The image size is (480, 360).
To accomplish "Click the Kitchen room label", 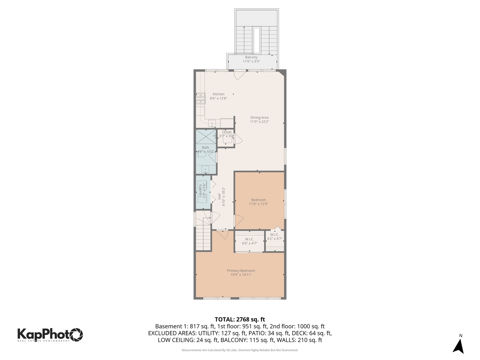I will coord(219,94).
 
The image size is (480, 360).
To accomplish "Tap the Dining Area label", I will coord(259,118).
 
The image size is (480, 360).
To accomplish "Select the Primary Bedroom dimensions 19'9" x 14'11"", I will coord(241,275).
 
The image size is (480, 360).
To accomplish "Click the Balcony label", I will coord(251,57).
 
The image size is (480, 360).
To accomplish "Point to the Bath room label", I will coord(205,148).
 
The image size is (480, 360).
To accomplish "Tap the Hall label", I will coord(219,197).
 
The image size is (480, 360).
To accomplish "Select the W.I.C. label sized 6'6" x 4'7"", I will coord(249,239).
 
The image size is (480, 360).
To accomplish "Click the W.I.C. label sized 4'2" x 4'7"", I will coord(275,235).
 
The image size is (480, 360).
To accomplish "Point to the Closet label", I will coord(227,132).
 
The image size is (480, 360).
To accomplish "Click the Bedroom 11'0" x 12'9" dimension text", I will coord(258,204).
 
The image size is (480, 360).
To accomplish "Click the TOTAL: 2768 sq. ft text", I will coord(240,320).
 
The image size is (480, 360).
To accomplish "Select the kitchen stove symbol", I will coord(200,98).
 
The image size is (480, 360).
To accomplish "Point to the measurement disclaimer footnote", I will coord(240,350).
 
